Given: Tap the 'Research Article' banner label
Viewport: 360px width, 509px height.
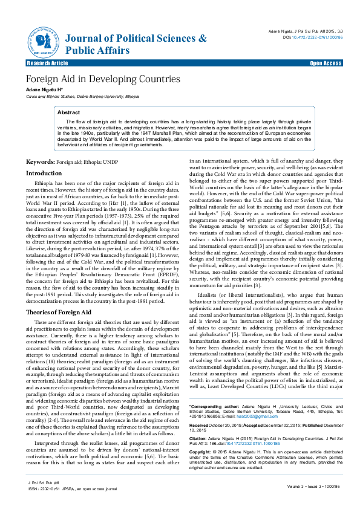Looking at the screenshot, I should [47, 63].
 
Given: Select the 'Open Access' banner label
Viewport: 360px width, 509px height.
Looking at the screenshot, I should [326, 63].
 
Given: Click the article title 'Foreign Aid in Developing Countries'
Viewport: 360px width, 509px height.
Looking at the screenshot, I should [102, 79].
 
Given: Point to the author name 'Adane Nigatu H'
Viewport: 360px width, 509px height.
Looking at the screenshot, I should [45, 89].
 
